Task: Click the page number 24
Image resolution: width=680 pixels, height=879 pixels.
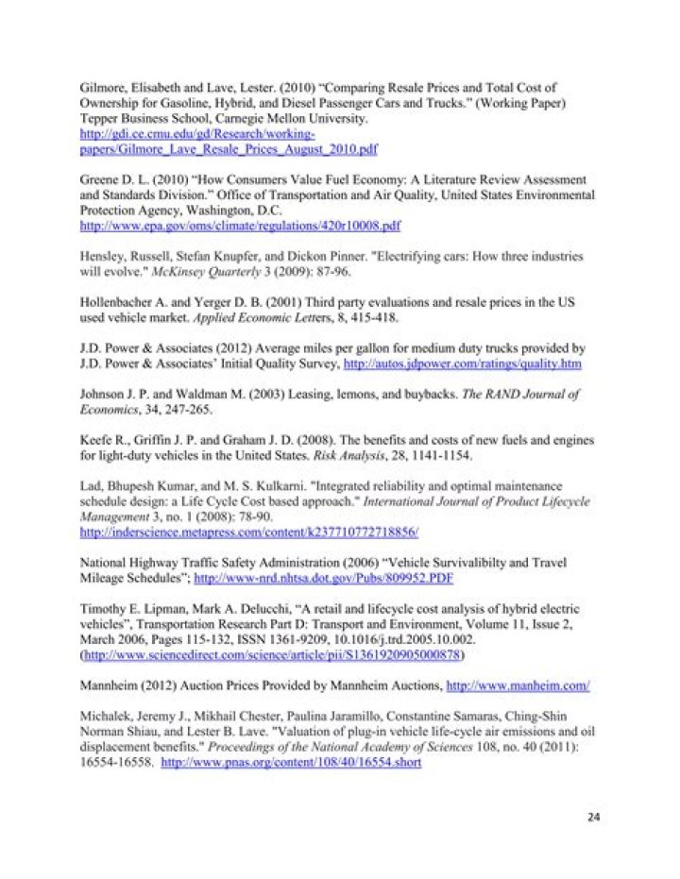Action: [593, 817]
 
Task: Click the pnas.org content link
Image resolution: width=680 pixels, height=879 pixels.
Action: [291, 758]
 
